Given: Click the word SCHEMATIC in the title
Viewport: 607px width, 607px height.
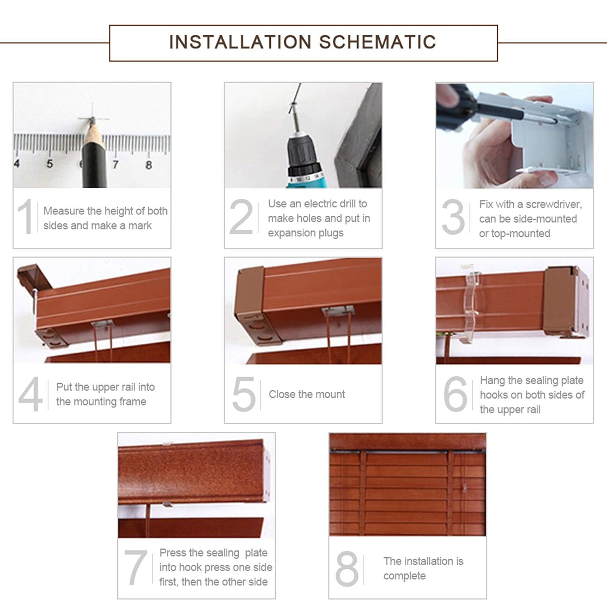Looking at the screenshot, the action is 378,42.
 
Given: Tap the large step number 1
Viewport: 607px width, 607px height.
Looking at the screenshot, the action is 25,216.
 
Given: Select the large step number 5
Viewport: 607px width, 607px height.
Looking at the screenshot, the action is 244,393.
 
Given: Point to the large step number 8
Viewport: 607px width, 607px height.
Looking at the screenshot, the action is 347,569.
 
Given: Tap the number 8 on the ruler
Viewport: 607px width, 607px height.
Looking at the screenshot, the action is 149,165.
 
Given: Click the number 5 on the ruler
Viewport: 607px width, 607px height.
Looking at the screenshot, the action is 49,163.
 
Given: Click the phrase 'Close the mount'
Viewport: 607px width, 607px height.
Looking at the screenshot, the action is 307,394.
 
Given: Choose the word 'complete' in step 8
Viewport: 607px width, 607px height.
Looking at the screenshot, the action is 405,576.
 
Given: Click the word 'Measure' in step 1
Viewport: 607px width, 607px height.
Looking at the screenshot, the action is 64,211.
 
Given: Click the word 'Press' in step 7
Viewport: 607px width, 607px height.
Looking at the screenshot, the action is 173,553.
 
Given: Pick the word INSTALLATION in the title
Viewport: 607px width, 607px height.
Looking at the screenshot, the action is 240,42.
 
